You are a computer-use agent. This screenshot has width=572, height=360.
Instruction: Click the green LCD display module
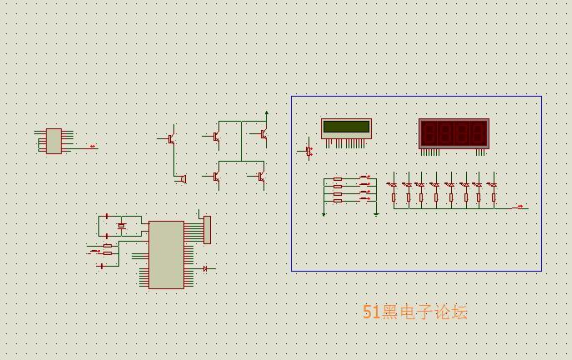click(346, 127)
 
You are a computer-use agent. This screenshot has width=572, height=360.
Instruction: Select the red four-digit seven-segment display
click(454, 133)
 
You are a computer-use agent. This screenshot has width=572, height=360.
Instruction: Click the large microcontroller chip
click(166, 254)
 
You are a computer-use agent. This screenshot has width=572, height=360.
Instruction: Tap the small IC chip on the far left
click(53, 141)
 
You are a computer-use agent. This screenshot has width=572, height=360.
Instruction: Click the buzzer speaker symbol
click(183, 178)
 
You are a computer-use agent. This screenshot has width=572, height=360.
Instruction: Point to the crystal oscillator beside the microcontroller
click(122, 226)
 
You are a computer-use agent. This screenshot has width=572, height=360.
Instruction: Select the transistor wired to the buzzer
click(171, 137)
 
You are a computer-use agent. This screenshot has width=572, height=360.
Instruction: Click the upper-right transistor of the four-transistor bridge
click(263, 133)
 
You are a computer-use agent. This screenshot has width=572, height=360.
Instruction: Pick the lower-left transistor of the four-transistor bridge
click(216, 176)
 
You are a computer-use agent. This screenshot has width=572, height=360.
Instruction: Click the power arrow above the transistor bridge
click(266, 113)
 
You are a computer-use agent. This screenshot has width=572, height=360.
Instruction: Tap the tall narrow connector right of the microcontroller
click(208, 229)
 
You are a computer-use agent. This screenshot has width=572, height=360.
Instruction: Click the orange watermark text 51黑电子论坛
click(415, 312)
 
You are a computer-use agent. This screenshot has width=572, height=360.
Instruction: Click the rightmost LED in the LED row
click(493, 184)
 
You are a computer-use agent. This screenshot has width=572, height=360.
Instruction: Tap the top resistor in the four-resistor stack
click(338, 178)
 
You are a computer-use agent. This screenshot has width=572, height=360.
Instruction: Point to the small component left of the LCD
click(309, 151)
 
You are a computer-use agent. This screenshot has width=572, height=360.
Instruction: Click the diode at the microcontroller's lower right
click(206, 268)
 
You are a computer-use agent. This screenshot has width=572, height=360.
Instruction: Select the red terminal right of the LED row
click(521, 207)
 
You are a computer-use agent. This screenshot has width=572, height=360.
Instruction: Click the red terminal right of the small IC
click(93, 147)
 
